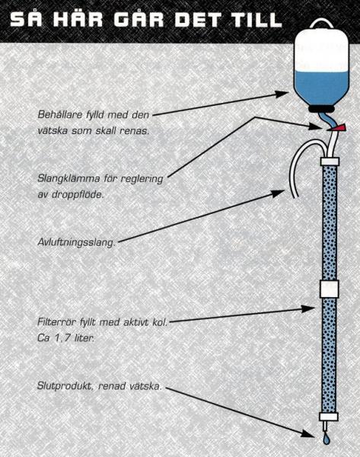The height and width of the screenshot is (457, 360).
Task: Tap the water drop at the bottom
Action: pyautogui.click(x=327, y=439)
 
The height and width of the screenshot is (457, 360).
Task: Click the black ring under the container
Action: pyautogui.click(x=322, y=109)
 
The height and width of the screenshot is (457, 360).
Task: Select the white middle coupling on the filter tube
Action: pyautogui.click(x=329, y=289)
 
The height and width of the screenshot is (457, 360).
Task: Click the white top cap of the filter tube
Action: pyautogui.click(x=330, y=161)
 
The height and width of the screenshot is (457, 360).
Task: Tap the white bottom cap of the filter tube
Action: pyautogui.click(x=329, y=417)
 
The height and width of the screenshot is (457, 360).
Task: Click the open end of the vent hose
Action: pyautogui.click(x=295, y=196)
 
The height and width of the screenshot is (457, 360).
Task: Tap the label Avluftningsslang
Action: pyautogui.click(x=76, y=242)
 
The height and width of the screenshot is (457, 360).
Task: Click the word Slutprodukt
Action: pyautogui.click(x=65, y=386)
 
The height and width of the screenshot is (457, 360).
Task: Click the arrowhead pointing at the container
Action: pyautogui.click(x=282, y=94)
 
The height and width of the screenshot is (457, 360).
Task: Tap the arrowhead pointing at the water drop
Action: pyautogui.click(x=307, y=433)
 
